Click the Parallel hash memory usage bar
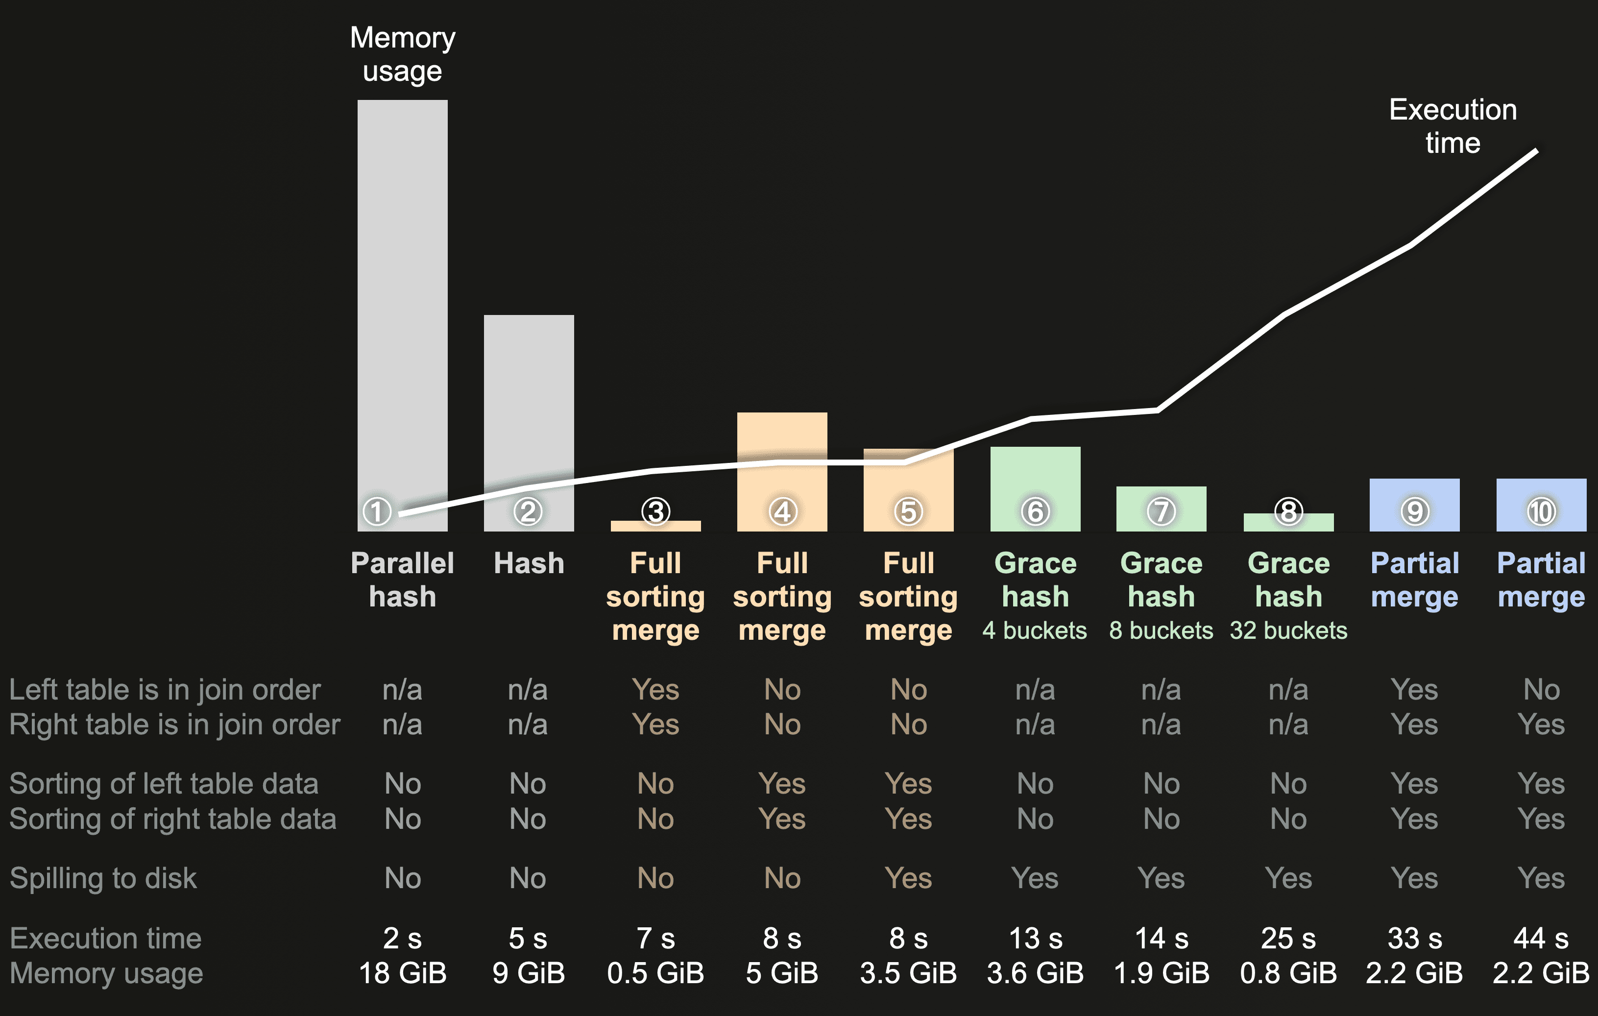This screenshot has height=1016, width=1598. [402, 299]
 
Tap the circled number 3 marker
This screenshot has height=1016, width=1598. [655, 511]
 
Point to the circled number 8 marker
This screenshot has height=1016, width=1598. [1288, 511]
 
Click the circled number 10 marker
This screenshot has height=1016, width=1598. [1541, 511]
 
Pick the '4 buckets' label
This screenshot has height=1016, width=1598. [1035, 630]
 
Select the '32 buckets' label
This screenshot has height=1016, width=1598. [1288, 630]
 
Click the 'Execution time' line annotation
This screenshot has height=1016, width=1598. [1453, 126]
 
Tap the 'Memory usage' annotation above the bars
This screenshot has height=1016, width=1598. [402, 54]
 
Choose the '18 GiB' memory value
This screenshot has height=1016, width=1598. [402, 973]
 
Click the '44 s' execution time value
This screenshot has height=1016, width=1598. [1541, 939]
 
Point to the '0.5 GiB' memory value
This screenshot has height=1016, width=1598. [655, 973]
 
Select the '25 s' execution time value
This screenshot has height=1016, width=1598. [1288, 939]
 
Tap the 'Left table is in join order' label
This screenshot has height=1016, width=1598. [165, 690]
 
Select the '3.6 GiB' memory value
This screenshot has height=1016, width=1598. [1035, 973]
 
